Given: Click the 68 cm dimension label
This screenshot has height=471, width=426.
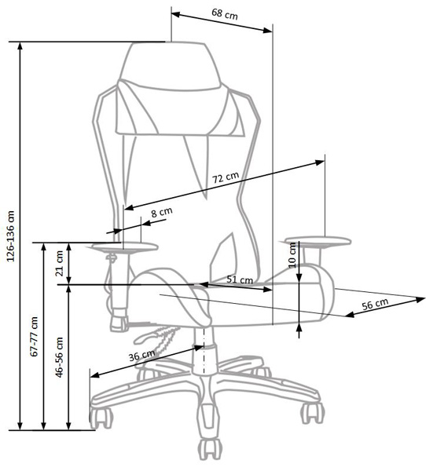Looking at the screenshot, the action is click(225, 14).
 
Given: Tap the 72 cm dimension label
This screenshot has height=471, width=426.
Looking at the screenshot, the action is click(226, 177).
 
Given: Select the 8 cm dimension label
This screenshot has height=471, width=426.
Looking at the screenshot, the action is click(162, 212).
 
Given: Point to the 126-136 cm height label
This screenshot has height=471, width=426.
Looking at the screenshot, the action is click(11, 235).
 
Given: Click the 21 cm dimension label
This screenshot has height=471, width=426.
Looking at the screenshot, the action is click(60, 264).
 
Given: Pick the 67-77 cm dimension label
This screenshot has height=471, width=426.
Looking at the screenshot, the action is click(35, 337).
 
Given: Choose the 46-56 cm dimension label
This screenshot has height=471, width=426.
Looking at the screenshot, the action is click(59, 357).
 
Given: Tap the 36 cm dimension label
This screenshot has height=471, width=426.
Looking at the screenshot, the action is click(141, 356).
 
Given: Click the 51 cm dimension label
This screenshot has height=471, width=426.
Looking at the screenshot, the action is click(240, 279).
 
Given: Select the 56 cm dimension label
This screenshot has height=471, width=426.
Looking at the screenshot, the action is click(375, 305).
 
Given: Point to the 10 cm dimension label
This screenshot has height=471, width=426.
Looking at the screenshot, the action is click(292, 255).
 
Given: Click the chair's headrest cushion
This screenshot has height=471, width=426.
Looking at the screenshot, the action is click(171, 66).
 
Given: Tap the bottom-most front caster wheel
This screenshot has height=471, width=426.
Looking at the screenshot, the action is click(211, 448).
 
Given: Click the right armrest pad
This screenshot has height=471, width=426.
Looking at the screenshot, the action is click(318, 242).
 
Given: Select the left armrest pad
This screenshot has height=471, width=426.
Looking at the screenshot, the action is click(125, 248).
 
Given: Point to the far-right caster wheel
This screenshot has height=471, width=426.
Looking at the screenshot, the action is click(313, 413).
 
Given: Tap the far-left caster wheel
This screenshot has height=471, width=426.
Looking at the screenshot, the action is click(101, 418).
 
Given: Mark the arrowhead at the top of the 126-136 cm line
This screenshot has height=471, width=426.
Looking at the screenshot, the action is click(20, 46).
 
